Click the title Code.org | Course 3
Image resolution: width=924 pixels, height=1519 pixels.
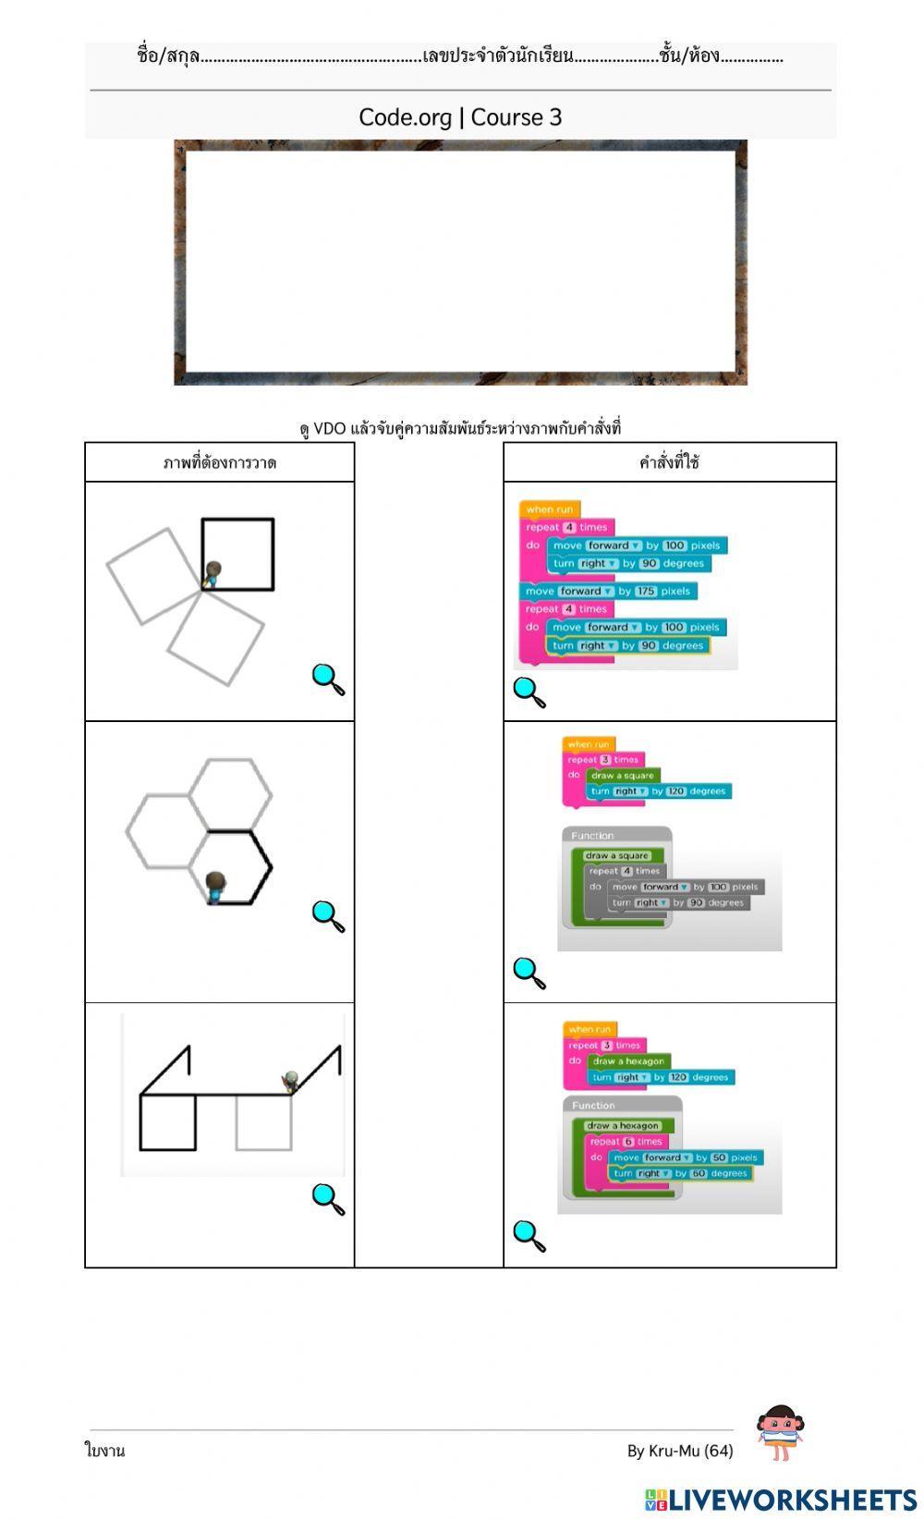460,117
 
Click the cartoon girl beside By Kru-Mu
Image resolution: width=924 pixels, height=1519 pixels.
779,1433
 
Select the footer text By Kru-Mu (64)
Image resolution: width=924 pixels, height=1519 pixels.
680,1451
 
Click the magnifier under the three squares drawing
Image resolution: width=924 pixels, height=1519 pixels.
328,680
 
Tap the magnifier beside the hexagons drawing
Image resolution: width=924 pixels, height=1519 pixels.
328,916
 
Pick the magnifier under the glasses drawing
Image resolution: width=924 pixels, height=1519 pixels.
328,1199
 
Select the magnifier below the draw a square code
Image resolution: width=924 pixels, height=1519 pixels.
529,973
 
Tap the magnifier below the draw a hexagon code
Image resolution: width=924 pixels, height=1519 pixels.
529,1236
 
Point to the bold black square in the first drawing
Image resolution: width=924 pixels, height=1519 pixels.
238,554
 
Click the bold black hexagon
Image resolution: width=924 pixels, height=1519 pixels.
237,866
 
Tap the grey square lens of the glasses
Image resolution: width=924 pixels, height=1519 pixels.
263,1122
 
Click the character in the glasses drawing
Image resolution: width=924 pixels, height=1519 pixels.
290,1082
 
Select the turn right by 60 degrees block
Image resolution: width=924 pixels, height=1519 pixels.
680,1173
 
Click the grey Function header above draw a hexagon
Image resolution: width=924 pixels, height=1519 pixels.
594,1105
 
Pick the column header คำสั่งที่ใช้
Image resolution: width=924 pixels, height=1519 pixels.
669,462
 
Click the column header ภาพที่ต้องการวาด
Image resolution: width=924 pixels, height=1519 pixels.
219,462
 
